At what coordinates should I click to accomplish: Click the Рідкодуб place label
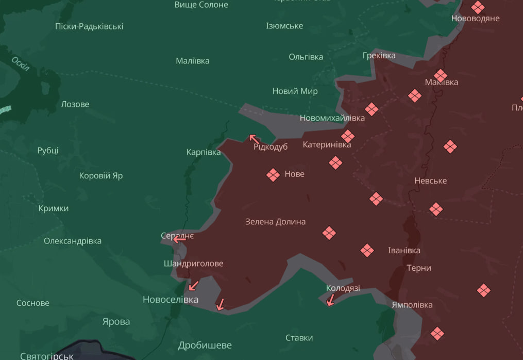click(271, 147)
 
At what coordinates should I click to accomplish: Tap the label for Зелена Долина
click(275, 222)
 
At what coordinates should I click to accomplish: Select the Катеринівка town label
click(327, 145)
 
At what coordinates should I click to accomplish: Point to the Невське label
click(430, 181)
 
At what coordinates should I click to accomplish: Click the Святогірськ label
click(46, 356)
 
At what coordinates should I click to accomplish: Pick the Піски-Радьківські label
click(89, 26)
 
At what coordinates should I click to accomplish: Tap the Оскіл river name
click(20, 64)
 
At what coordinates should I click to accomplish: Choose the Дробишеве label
click(205, 345)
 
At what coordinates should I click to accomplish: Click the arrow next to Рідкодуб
click(254, 139)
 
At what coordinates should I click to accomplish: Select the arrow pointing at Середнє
click(179, 239)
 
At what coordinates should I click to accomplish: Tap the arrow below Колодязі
click(330, 300)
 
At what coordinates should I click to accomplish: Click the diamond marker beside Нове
click(273, 175)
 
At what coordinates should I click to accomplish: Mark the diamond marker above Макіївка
click(440, 75)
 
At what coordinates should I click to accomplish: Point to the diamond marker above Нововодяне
click(478, 7)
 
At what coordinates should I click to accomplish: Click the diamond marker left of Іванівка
click(367, 251)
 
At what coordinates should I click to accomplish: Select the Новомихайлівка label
click(332, 118)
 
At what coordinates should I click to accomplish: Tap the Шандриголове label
click(193, 264)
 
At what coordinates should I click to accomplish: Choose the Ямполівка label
click(412, 305)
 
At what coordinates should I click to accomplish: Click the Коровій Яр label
click(101, 176)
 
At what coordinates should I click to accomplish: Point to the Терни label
click(419, 268)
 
